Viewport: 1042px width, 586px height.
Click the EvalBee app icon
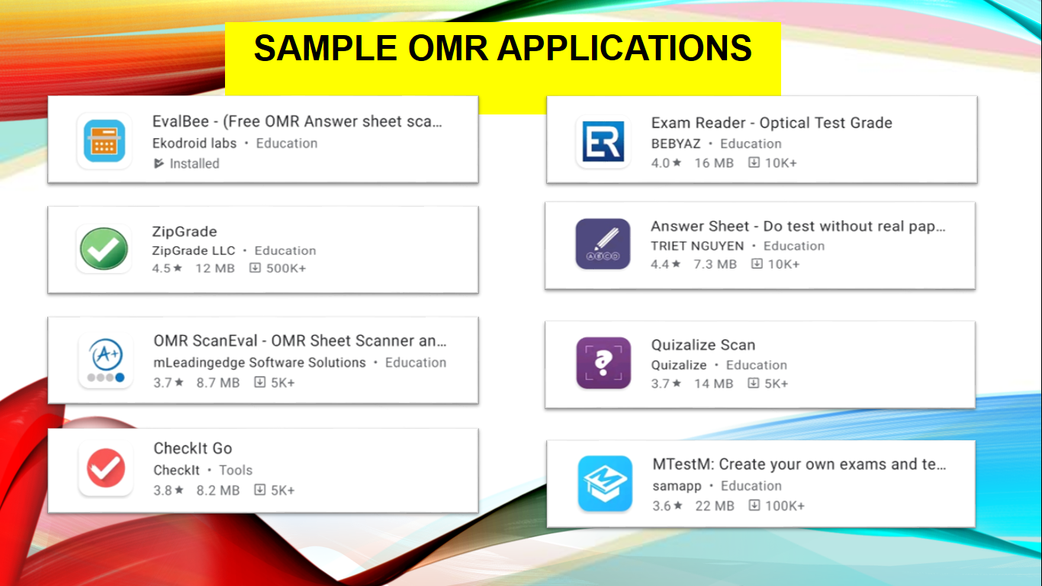coord(105,140)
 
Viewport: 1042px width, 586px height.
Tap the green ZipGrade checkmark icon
coord(104,249)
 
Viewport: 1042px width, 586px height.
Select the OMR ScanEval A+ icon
coord(105,360)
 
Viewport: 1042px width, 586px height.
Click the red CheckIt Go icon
coord(105,468)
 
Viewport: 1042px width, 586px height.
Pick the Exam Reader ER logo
coord(603,141)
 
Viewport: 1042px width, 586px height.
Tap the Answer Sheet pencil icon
coord(603,244)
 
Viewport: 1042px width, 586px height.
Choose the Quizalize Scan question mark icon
coord(603,362)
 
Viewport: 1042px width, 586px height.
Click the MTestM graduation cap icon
coord(605,483)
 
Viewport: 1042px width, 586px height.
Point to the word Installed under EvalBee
coord(195,163)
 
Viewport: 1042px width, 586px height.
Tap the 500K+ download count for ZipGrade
coord(286,268)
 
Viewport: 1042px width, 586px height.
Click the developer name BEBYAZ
coord(676,143)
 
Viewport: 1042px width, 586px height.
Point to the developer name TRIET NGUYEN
coord(697,246)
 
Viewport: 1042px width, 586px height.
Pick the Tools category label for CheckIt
coord(236,470)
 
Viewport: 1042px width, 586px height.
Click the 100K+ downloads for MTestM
coord(785,506)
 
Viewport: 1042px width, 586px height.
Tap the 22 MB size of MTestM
coord(715,506)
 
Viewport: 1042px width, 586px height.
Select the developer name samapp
coord(677,486)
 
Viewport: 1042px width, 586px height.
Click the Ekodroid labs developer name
coord(195,143)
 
